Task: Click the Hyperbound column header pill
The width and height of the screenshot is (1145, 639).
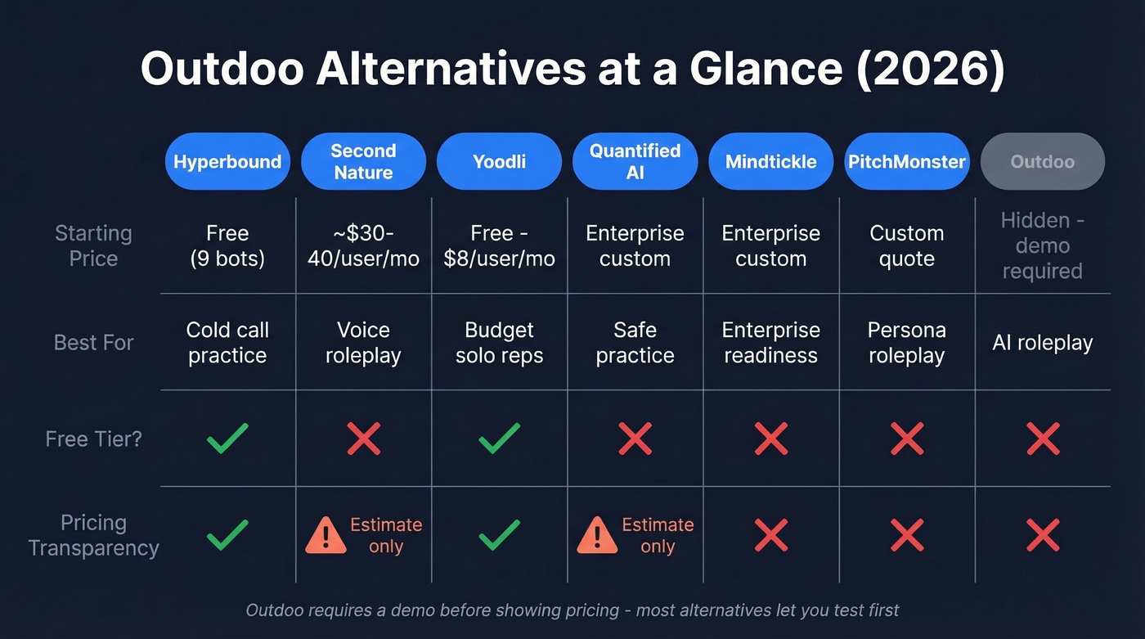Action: pyautogui.click(x=227, y=162)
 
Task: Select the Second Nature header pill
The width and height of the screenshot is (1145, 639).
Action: pyautogui.click(x=363, y=162)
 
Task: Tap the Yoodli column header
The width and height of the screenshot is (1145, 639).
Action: pyautogui.click(x=499, y=162)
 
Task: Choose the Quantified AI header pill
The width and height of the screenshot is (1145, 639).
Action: pyautogui.click(x=635, y=162)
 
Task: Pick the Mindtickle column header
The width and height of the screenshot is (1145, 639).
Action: pyautogui.click(x=770, y=162)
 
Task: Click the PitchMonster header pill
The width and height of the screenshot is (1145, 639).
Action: pyautogui.click(x=906, y=162)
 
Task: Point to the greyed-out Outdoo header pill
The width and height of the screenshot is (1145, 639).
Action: pyautogui.click(x=1042, y=162)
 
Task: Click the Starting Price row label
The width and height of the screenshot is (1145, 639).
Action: pyautogui.click(x=93, y=245)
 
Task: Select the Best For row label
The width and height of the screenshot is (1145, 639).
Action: pyautogui.click(x=93, y=342)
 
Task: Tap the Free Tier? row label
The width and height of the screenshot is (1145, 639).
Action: pyautogui.click(x=93, y=439)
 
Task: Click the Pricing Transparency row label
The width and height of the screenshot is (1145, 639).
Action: pyautogui.click(x=93, y=535)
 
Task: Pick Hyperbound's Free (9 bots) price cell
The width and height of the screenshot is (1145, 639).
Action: pyautogui.click(x=227, y=245)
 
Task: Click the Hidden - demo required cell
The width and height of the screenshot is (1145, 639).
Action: pyautogui.click(x=1042, y=245)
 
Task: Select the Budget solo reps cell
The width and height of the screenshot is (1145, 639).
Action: pyautogui.click(x=499, y=342)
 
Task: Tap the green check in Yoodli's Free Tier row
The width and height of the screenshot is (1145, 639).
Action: pyautogui.click(x=499, y=439)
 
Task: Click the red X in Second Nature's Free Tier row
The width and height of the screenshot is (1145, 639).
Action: pyautogui.click(x=363, y=439)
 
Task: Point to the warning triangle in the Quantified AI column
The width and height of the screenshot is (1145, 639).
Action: pyautogui.click(x=597, y=536)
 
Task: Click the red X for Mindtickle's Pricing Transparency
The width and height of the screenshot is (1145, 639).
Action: pyautogui.click(x=770, y=535)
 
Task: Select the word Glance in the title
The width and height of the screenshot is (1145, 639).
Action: pyautogui.click(x=766, y=70)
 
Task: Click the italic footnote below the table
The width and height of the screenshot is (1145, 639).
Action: pyautogui.click(x=572, y=610)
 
